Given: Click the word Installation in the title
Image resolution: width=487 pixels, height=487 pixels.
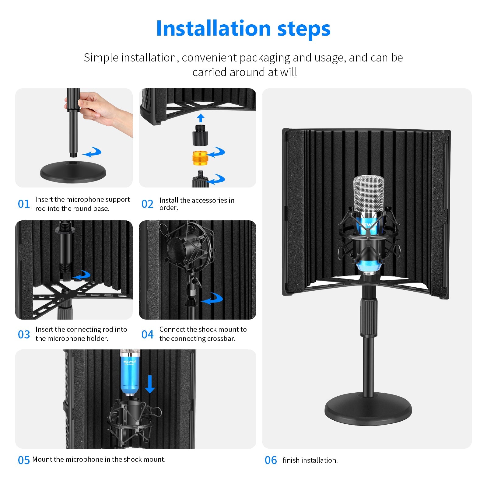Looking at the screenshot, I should coord(213,29).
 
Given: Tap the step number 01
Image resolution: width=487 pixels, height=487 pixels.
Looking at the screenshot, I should coord(24,204).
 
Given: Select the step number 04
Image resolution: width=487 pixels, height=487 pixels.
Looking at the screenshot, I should coord(147,335).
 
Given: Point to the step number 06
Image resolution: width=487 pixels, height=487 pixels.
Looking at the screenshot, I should coord(271,460).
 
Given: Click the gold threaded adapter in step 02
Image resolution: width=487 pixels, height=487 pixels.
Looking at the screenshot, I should coord(200,158).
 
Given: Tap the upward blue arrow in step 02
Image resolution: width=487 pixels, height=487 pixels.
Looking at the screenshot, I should coord(201,118).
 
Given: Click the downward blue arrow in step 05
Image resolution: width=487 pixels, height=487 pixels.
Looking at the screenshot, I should coord(150,384).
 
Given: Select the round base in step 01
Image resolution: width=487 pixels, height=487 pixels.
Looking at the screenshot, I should coord(73,172).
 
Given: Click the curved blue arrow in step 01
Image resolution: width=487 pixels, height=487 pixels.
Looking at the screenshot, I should coord(93,152).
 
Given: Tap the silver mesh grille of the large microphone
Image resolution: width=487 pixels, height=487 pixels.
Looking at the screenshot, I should coord(368,193).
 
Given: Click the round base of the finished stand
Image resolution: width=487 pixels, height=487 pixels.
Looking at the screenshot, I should coord(368,409).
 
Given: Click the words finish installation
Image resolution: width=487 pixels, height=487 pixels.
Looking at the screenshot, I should coord(310,460).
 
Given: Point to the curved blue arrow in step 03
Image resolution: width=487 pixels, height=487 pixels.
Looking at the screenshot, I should coord(82,275).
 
